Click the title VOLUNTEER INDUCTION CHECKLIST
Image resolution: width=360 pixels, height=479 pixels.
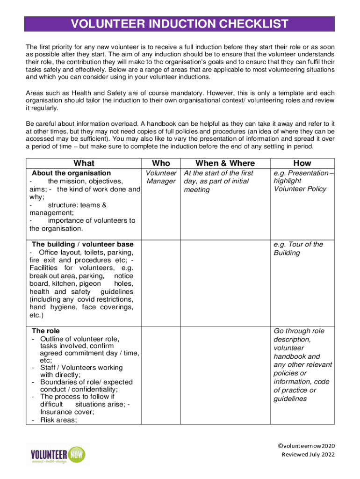click(x=180, y=24)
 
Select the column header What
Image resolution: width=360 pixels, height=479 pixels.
click(x=84, y=163)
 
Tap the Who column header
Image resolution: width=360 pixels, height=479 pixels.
click(x=161, y=163)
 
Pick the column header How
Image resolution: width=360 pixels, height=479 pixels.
click(x=302, y=163)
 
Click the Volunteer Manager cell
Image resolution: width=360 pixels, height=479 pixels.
click(x=161, y=177)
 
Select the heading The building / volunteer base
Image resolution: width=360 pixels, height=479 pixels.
click(x=82, y=244)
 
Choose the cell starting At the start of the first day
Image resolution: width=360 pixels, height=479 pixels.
click(x=218, y=181)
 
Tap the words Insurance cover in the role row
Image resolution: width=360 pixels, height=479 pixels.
click(x=62, y=412)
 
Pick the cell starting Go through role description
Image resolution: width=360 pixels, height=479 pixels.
click(x=302, y=365)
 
